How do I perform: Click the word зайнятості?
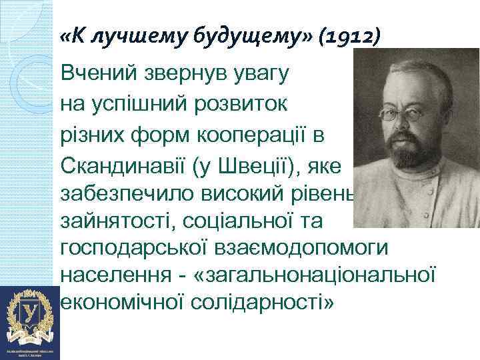pyautogui.click(x=113, y=219)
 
